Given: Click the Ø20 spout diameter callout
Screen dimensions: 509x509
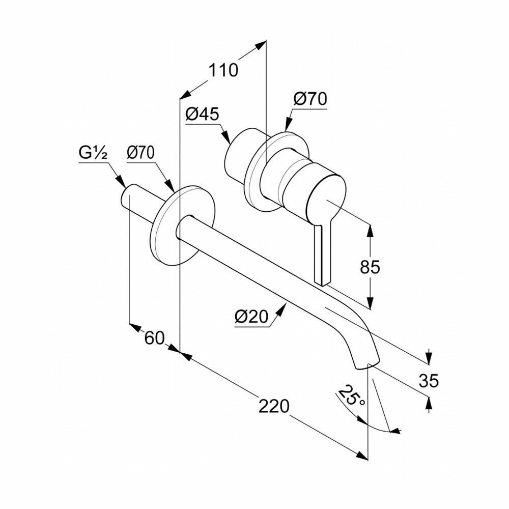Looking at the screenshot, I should [x=251, y=317].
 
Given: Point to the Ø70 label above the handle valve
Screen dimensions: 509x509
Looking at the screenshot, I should [x=309, y=99].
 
